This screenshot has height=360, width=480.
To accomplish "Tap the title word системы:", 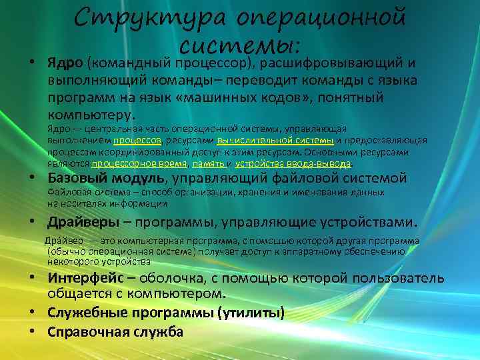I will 240,45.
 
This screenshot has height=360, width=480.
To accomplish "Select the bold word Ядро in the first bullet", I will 64,63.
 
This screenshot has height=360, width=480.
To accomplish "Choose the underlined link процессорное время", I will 140,163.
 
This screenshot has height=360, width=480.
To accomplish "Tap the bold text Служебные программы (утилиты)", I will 166,313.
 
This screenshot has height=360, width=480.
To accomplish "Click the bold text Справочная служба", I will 115,331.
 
